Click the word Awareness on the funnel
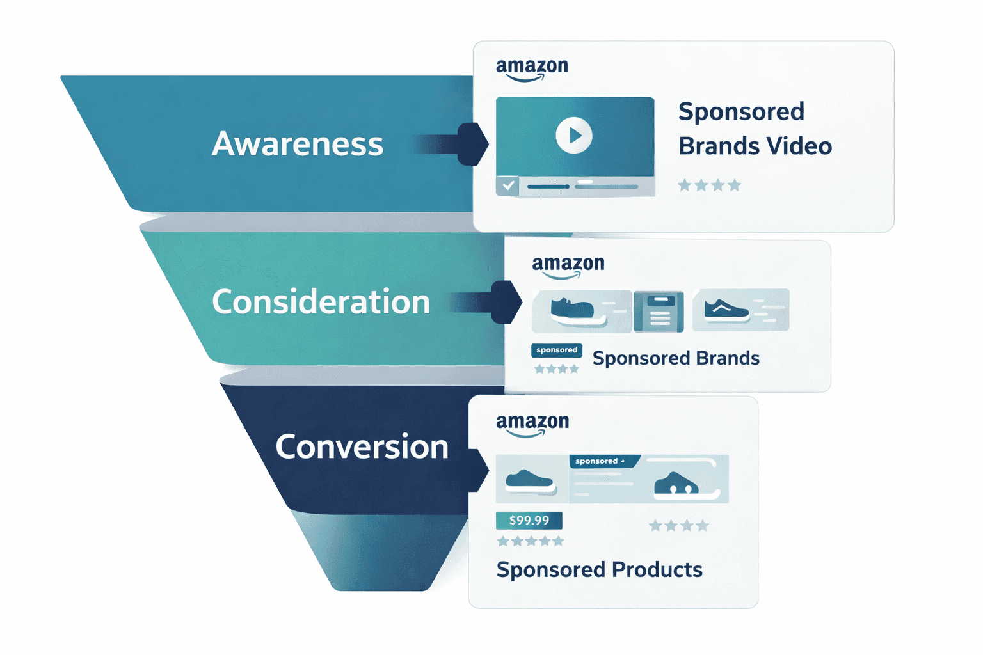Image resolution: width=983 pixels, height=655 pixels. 298,144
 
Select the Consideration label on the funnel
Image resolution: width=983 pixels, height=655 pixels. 321,302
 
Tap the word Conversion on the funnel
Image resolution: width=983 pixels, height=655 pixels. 362,446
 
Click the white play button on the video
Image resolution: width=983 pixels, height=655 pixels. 573,136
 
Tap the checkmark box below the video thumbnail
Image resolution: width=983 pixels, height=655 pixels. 508,185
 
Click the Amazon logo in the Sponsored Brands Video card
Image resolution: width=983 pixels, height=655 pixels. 532,69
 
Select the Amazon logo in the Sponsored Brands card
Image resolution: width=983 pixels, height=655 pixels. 568,266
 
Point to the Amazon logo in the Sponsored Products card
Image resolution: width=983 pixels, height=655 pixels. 532,424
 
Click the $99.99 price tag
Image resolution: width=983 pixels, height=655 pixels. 529,521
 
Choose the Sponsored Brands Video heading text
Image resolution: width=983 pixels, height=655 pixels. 754,129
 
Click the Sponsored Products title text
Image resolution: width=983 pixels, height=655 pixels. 599,569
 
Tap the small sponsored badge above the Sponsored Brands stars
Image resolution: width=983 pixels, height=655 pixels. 556,350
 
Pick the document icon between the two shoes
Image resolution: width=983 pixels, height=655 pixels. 659,312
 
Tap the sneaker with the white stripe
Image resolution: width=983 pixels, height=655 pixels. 726,310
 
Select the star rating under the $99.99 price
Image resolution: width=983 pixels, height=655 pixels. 531,542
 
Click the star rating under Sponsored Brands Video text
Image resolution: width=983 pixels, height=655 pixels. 709,185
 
